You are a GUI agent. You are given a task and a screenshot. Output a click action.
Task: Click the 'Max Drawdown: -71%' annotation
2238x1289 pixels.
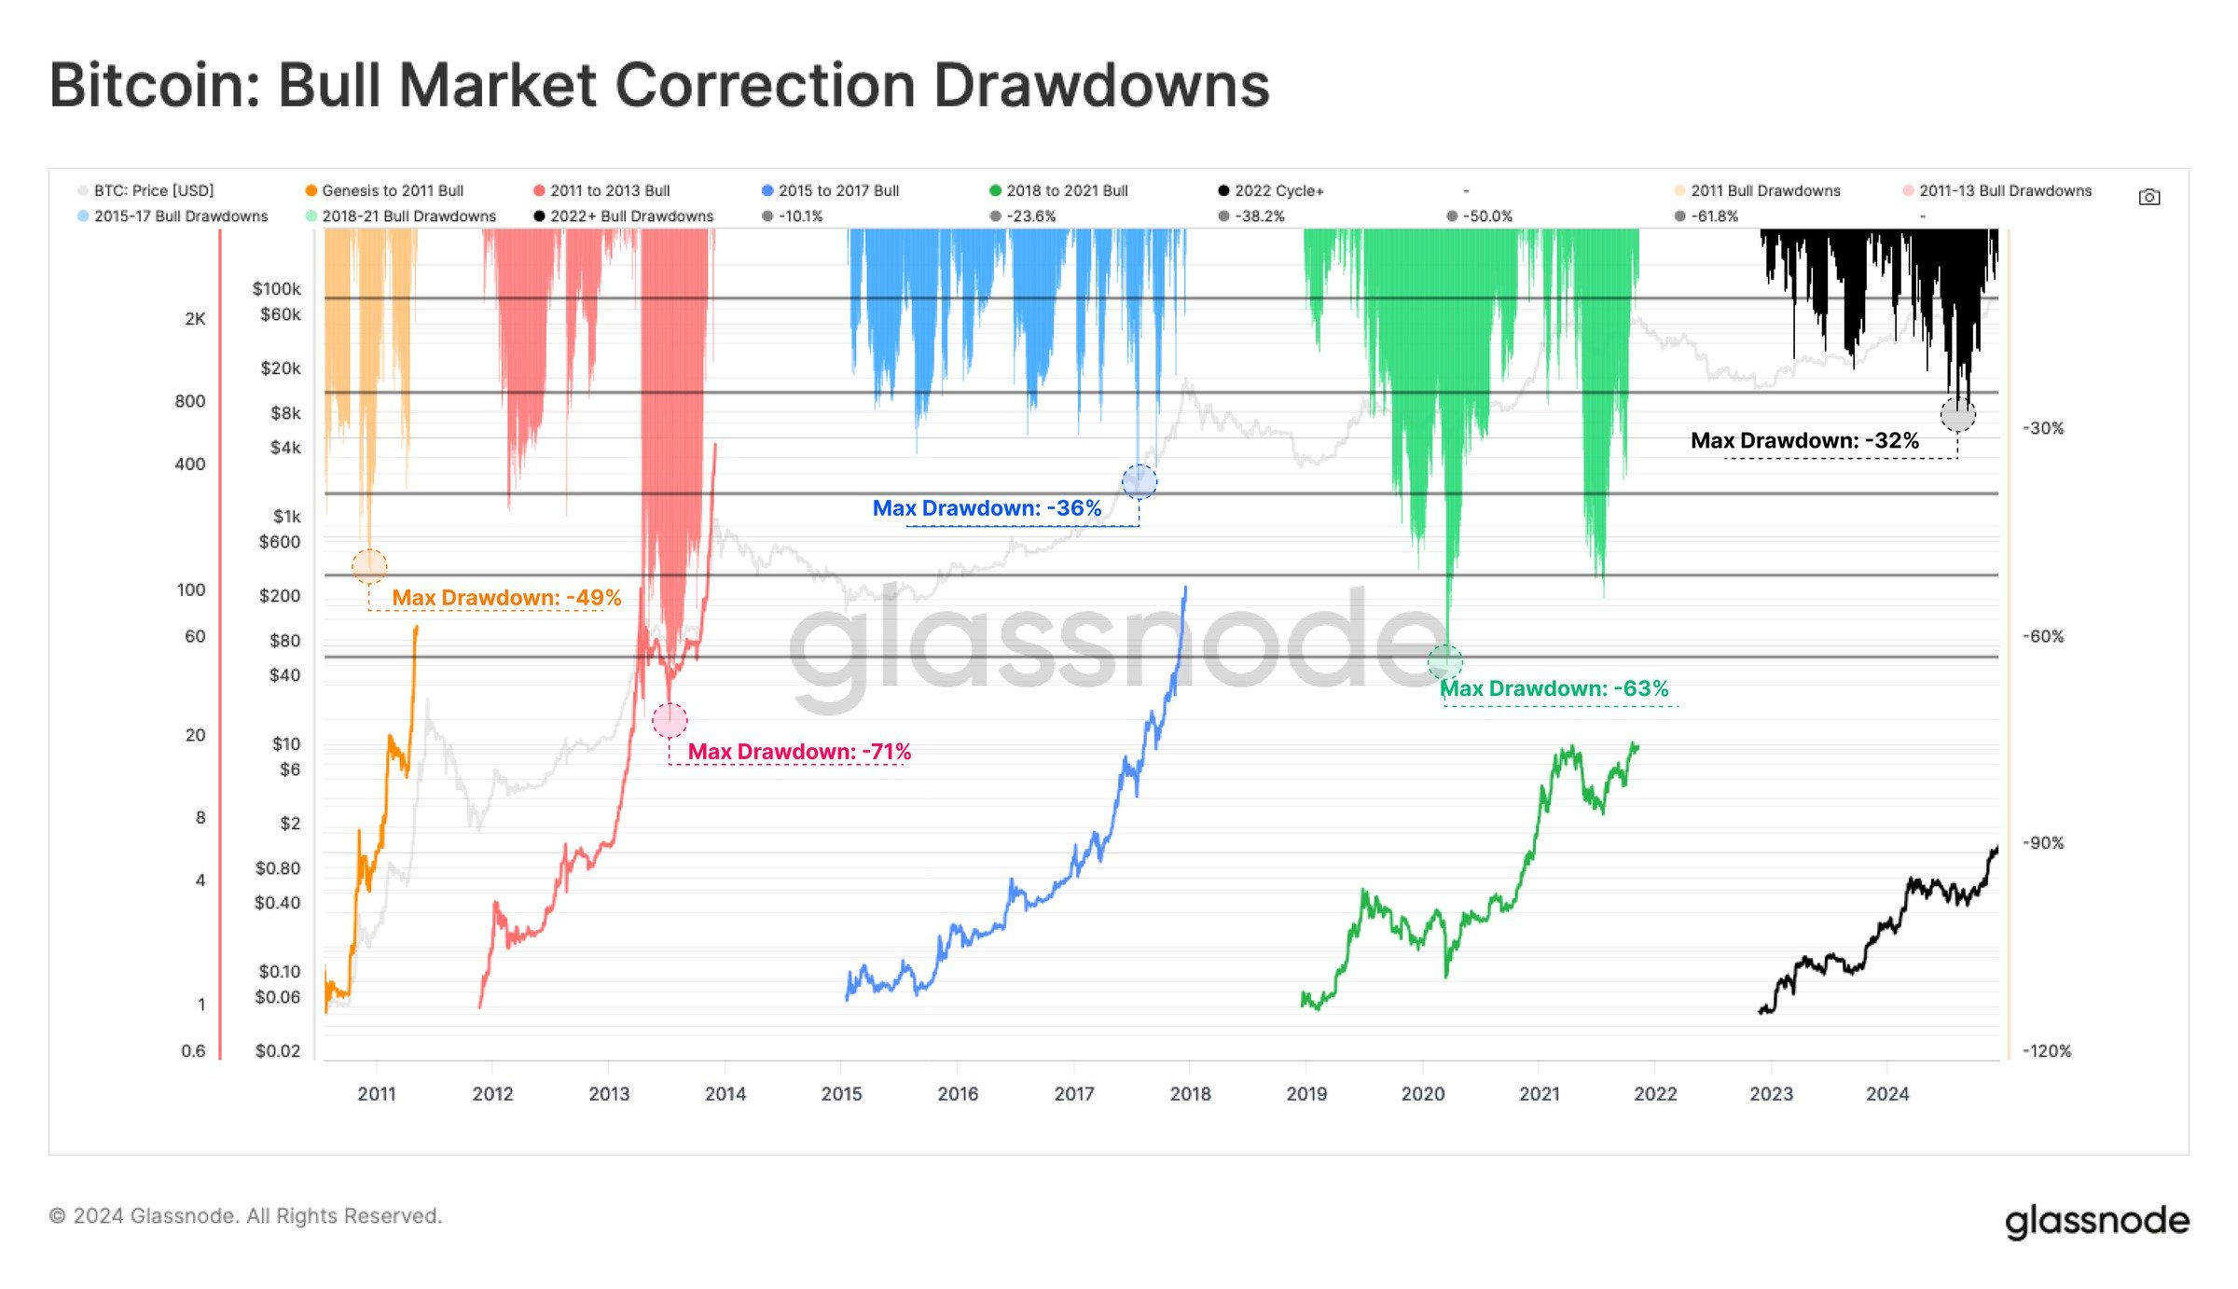pyautogui.click(x=798, y=752)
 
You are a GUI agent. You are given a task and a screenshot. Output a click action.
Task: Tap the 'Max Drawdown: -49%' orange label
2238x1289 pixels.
pyautogui.click(x=505, y=598)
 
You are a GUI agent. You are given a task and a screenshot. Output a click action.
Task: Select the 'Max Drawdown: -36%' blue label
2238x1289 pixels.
pyautogui.click(x=987, y=508)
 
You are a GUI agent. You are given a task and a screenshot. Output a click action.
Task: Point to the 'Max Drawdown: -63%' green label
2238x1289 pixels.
pyautogui.click(x=1554, y=689)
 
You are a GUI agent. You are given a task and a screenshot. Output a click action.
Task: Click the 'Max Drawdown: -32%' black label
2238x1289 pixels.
pyautogui.click(x=1804, y=440)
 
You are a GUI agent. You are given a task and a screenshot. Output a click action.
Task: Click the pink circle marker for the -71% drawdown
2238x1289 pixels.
pyautogui.click(x=670, y=720)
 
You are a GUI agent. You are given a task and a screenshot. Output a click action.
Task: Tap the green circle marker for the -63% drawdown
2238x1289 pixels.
pyautogui.click(x=1445, y=662)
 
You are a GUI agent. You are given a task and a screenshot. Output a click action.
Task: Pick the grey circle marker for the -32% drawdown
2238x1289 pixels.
pyautogui.click(x=1957, y=414)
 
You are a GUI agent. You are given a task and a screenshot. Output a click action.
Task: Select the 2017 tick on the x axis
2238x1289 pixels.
pyautogui.click(x=1074, y=1094)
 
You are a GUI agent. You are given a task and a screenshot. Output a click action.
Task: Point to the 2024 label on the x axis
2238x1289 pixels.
pyautogui.click(x=1887, y=1094)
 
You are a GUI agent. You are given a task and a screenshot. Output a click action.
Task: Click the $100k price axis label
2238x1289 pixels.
pyautogui.click(x=276, y=289)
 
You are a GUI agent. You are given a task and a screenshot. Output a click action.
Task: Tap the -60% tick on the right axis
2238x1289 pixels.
pyautogui.click(x=2043, y=636)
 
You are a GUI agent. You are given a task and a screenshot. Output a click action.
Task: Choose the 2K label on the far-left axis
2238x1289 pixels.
pyautogui.click(x=195, y=319)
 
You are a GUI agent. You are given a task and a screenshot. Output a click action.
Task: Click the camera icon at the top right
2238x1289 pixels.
pyautogui.click(x=2148, y=197)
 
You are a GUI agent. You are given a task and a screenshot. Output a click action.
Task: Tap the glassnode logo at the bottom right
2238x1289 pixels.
pyautogui.click(x=2096, y=1220)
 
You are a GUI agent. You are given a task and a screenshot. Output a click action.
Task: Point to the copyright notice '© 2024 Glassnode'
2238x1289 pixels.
pyautogui.click(x=245, y=1216)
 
